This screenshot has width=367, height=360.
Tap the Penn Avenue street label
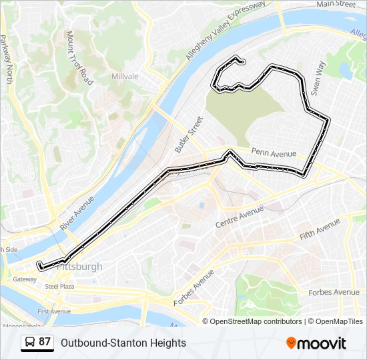click(274, 153)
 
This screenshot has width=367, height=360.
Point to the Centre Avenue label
click(240, 217)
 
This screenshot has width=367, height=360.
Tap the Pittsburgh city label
click(80, 267)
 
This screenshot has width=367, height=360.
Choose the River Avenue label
click(77, 213)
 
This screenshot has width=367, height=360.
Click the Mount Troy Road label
click(79, 57)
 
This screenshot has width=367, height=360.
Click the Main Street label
click(336, 4)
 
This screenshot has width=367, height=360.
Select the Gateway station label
click(25, 279)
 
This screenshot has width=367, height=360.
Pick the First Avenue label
click(53, 311)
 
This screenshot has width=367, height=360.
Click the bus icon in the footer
click(28, 343)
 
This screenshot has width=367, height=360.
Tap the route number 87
click(45, 342)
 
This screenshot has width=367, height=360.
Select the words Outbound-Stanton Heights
click(123, 343)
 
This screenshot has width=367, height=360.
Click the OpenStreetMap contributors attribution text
click(256, 321)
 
